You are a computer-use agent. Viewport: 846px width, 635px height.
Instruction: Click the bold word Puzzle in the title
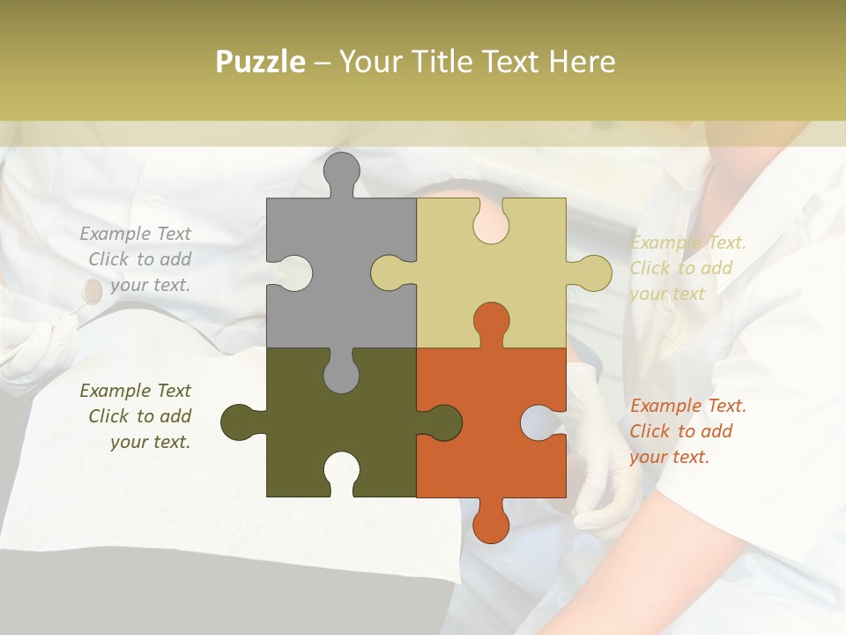(x=261, y=62)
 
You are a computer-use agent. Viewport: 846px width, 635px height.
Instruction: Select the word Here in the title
(x=583, y=62)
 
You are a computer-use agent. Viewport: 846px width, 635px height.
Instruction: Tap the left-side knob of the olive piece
(x=238, y=422)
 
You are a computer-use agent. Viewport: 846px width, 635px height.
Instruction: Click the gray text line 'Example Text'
(x=135, y=234)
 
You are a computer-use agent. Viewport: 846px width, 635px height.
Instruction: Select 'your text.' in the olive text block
(x=150, y=442)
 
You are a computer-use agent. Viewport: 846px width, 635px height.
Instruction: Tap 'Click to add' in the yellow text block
(x=681, y=268)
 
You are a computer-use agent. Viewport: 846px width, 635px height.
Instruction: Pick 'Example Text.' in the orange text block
(x=688, y=406)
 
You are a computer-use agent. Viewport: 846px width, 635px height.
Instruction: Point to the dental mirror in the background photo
(x=91, y=288)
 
